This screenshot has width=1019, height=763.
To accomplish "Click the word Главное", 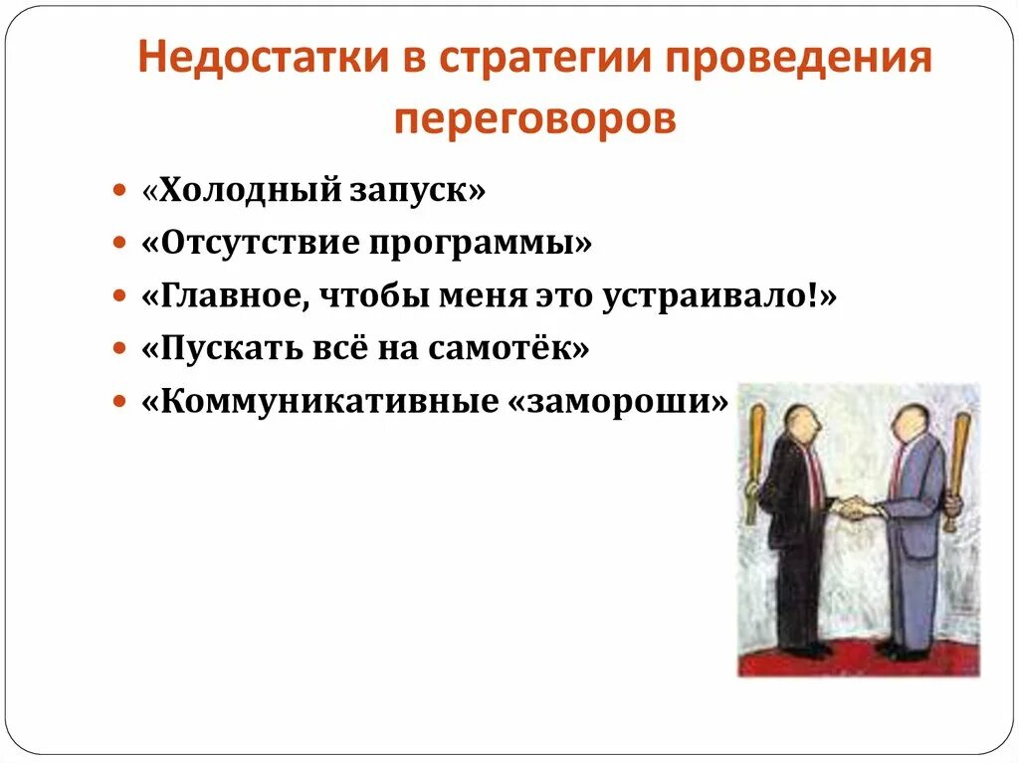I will click(x=228, y=296).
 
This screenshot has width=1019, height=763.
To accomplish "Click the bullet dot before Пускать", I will click(x=119, y=350).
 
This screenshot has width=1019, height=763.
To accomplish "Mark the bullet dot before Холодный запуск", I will click(x=119, y=190).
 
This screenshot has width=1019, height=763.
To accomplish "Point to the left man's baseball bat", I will click(x=754, y=463).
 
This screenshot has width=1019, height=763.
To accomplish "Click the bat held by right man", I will click(x=958, y=468).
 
